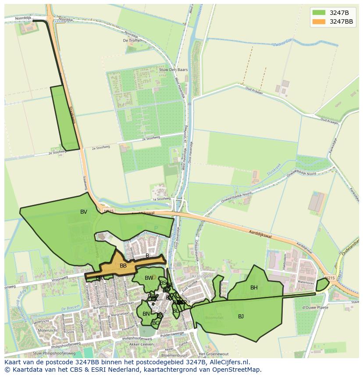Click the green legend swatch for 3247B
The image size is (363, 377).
point(319,12)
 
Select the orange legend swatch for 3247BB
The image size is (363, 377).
point(319,21)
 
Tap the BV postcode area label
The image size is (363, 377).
point(84,212)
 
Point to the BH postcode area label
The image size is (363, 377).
point(254,288)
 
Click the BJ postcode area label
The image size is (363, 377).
point(241,316)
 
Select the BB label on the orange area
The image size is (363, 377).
point(123,266)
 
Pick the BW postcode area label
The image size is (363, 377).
point(149,278)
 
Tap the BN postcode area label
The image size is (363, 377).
point(146,314)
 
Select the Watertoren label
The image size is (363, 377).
point(306,282)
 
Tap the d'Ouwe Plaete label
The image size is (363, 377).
point(315,307)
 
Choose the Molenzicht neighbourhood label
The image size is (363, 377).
point(48,330)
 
